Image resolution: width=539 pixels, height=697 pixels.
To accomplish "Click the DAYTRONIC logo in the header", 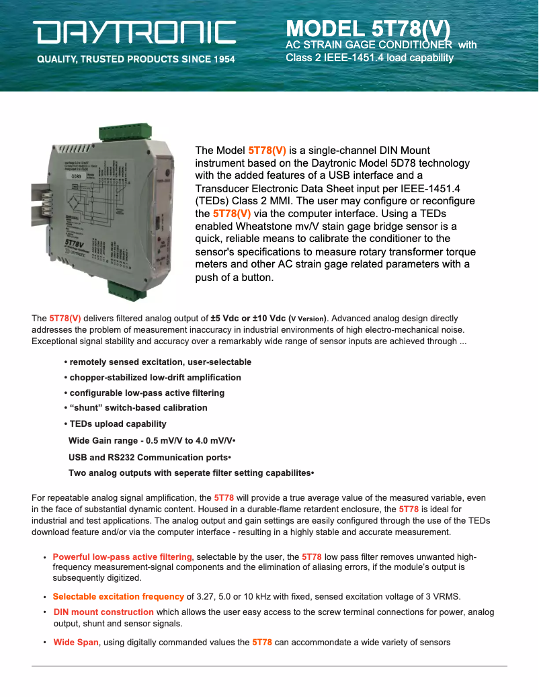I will tap(135, 32).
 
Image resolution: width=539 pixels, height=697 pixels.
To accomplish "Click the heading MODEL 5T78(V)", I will tap(368, 29).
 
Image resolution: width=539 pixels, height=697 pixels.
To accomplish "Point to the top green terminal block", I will tap(124, 133).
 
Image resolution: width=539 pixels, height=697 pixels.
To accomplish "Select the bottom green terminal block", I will tap(127, 290).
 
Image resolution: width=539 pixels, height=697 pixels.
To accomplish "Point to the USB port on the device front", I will tap(156, 222).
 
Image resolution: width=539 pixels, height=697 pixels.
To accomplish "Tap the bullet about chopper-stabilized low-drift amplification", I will tap(153, 377).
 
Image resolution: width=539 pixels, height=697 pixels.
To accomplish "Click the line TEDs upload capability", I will tap(116, 424).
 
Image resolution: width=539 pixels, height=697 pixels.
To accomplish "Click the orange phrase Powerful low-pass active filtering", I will tap(122, 557).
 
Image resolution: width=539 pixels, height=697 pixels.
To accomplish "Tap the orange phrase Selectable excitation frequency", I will tap(118, 596).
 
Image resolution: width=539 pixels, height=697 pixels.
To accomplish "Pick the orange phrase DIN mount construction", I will tap(103, 612).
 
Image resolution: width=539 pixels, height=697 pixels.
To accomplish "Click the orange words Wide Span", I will tap(76, 643).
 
